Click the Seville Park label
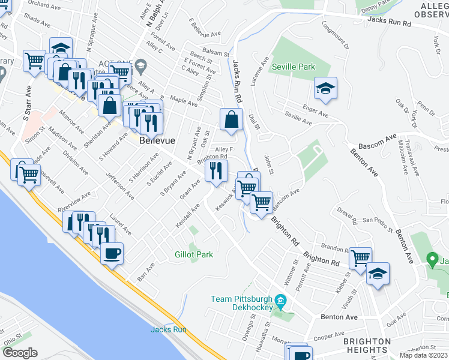click(294, 67)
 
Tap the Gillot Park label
click(194, 255)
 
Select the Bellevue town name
click(157, 140)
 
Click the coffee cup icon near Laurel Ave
click(112, 253)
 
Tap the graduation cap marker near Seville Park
click(325, 89)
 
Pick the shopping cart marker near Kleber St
click(360, 258)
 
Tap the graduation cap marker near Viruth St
click(377, 274)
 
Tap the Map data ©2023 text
click(423, 355)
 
